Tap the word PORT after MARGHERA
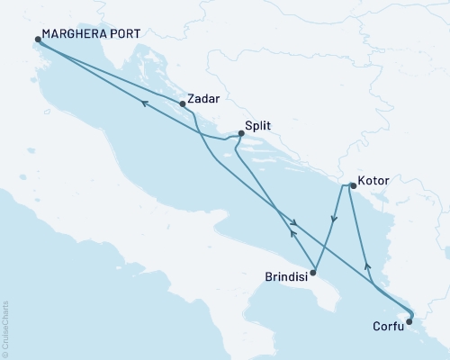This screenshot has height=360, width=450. click(120, 40)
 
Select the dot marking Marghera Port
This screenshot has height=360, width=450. click(38, 40)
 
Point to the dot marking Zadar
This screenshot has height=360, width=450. click(184, 103)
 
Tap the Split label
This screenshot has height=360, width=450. click(259, 128)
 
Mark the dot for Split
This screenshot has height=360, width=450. click(240, 134)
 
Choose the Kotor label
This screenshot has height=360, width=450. click(373, 181)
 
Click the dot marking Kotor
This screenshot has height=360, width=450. click(352, 186)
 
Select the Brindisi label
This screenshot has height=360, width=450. click(287, 276)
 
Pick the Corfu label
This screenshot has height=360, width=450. click(388, 328)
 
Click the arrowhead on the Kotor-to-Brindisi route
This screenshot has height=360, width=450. click(335, 219)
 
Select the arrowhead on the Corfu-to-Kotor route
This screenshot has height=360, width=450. click(365, 266)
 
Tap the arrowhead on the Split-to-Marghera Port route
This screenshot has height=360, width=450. click(143, 104)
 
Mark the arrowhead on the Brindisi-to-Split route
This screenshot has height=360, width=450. click(291, 233)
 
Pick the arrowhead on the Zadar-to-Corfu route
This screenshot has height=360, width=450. click(292, 222)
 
